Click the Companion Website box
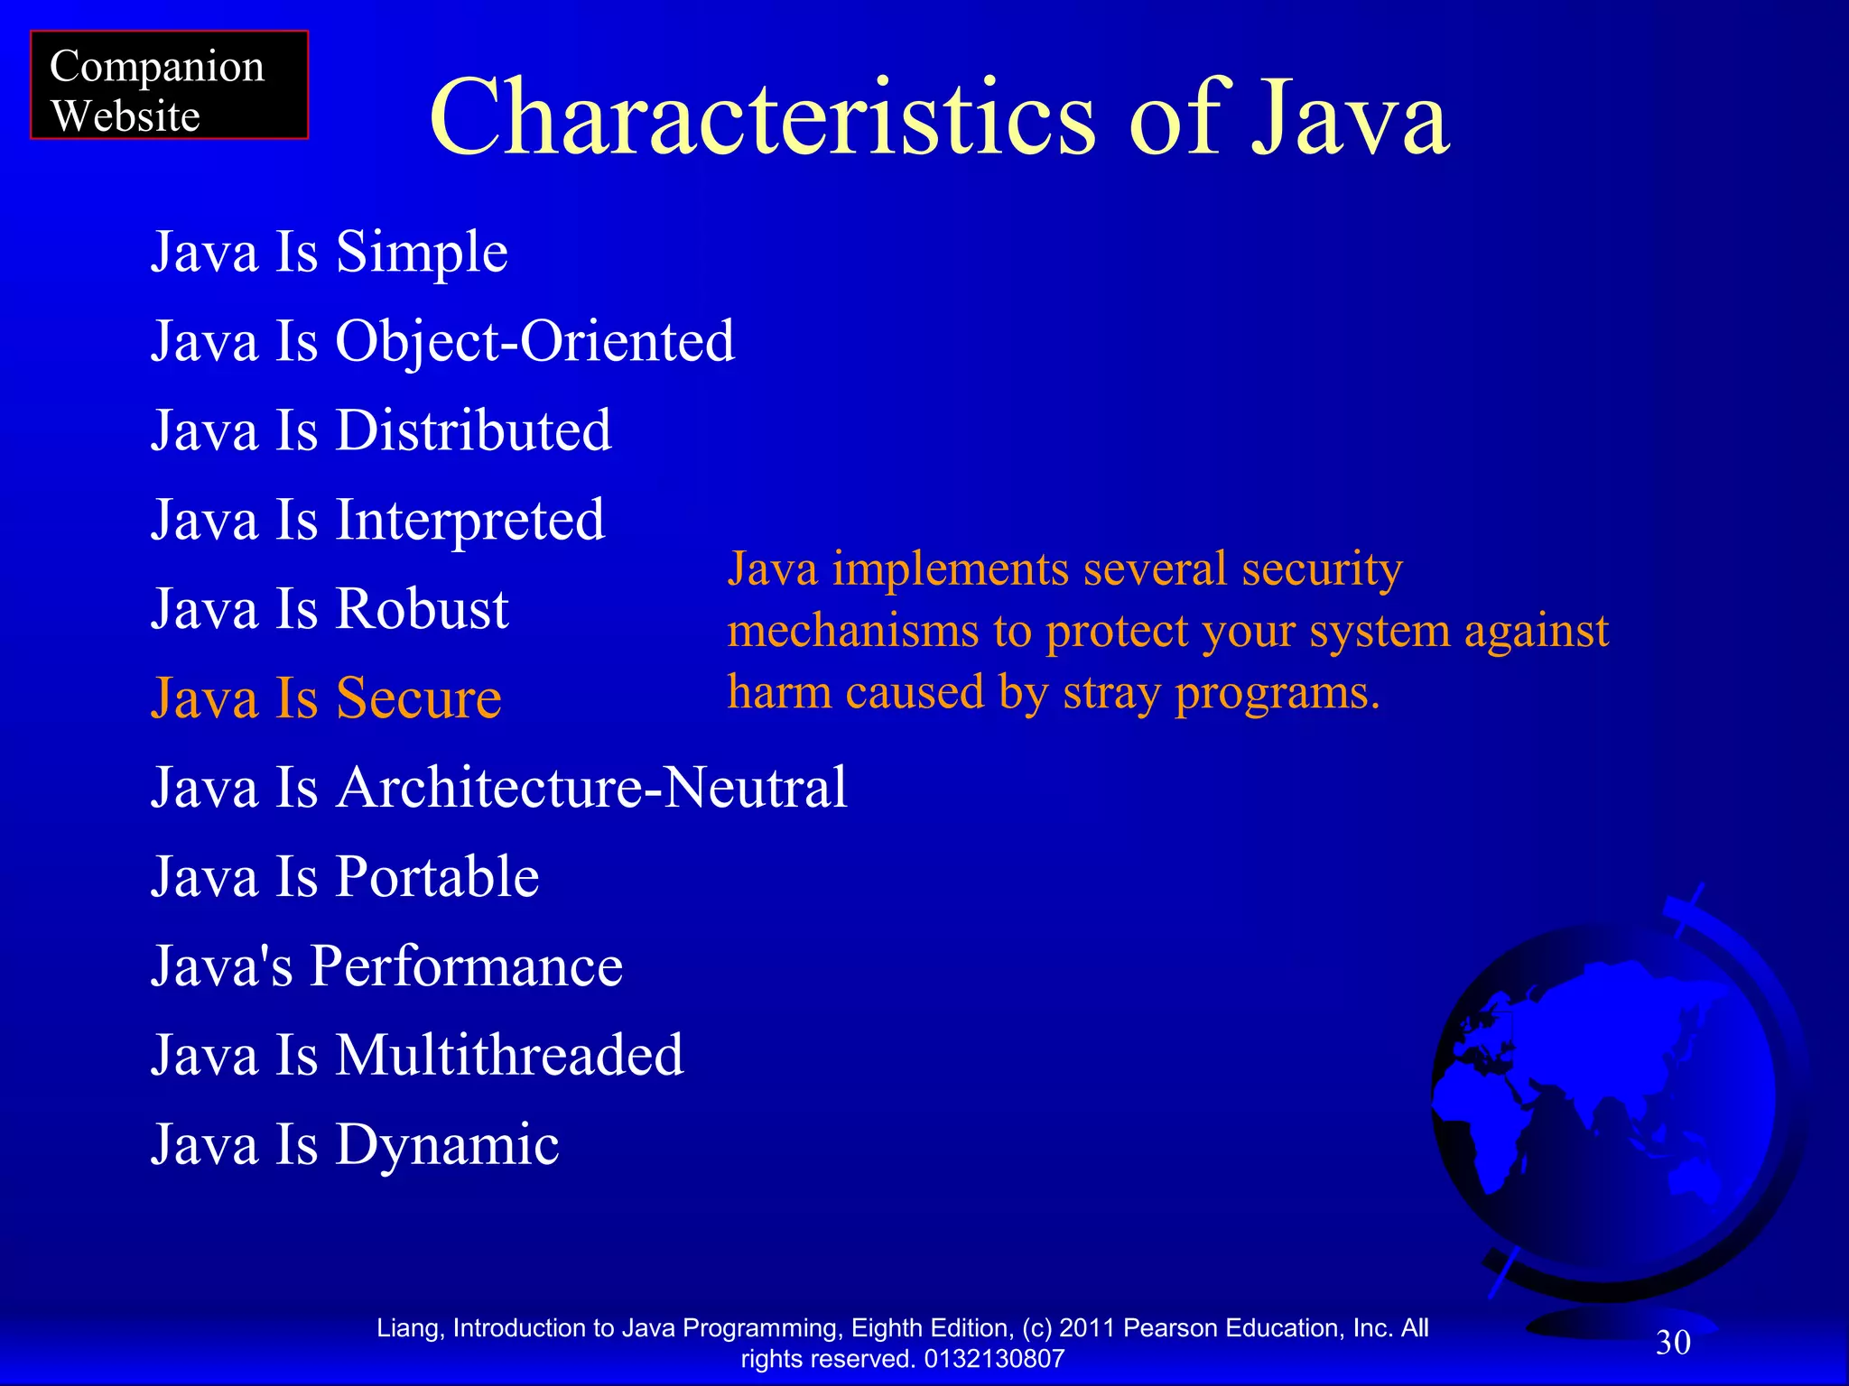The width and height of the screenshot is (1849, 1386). tap(169, 86)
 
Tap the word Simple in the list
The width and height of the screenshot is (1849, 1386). tap(422, 253)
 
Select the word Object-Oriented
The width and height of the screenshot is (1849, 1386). tap(535, 342)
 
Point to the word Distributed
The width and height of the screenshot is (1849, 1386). tap(473, 430)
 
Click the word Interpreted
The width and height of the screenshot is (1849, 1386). tap(469, 521)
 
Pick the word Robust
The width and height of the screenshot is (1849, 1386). tap(422, 609)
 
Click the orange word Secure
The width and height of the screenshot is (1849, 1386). tap(418, 698)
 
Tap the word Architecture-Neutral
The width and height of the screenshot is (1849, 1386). tap(591, 788)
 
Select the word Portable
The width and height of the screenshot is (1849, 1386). tap(437, 877)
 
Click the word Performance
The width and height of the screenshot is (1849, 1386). tap(466, 966)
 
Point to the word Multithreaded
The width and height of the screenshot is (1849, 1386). tap(509, 1055)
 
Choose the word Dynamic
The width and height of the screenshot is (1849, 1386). tap(447, 1145)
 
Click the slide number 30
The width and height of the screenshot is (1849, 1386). tap(1673, 1343)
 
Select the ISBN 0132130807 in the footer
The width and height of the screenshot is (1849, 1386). tap(994, 1359)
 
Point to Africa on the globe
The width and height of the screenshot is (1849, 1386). tap(1490, 1128)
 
